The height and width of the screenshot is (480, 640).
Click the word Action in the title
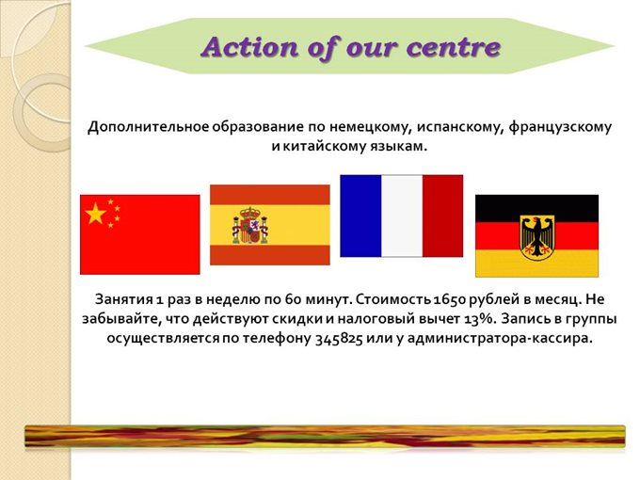pyautogui.click(x=249, y=47)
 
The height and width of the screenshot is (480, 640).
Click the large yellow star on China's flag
pyautogui.click(x=95, y=213)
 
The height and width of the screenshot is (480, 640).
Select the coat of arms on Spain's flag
pyautogui.click(x=250, y=225)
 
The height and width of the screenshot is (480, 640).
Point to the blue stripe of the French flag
pyautogui.click(x=360, y=216)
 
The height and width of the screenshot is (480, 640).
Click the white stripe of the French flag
pyautogui.click(x=402, y=216)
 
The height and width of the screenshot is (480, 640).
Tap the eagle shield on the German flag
pyautogui.click(x=537, y=237)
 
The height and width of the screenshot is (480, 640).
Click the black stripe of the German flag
pyautogui.click(x=537, y=209)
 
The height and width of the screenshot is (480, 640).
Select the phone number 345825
pyautogui.click(x=339, y=339)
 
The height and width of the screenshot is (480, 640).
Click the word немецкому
pyautogui.click(x=369, y=127)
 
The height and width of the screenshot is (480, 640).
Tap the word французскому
pyautogui.click(x=560, y=127)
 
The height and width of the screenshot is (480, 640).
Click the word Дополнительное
pyautogui.click(x=149, y=127)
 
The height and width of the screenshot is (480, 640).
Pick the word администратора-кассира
pyautogui.click(x=500, y=339)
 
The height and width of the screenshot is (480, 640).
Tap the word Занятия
pyautogui.click(x=123, y=300)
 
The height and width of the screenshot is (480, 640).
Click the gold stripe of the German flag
pyautogui.click(x=537, y=264)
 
